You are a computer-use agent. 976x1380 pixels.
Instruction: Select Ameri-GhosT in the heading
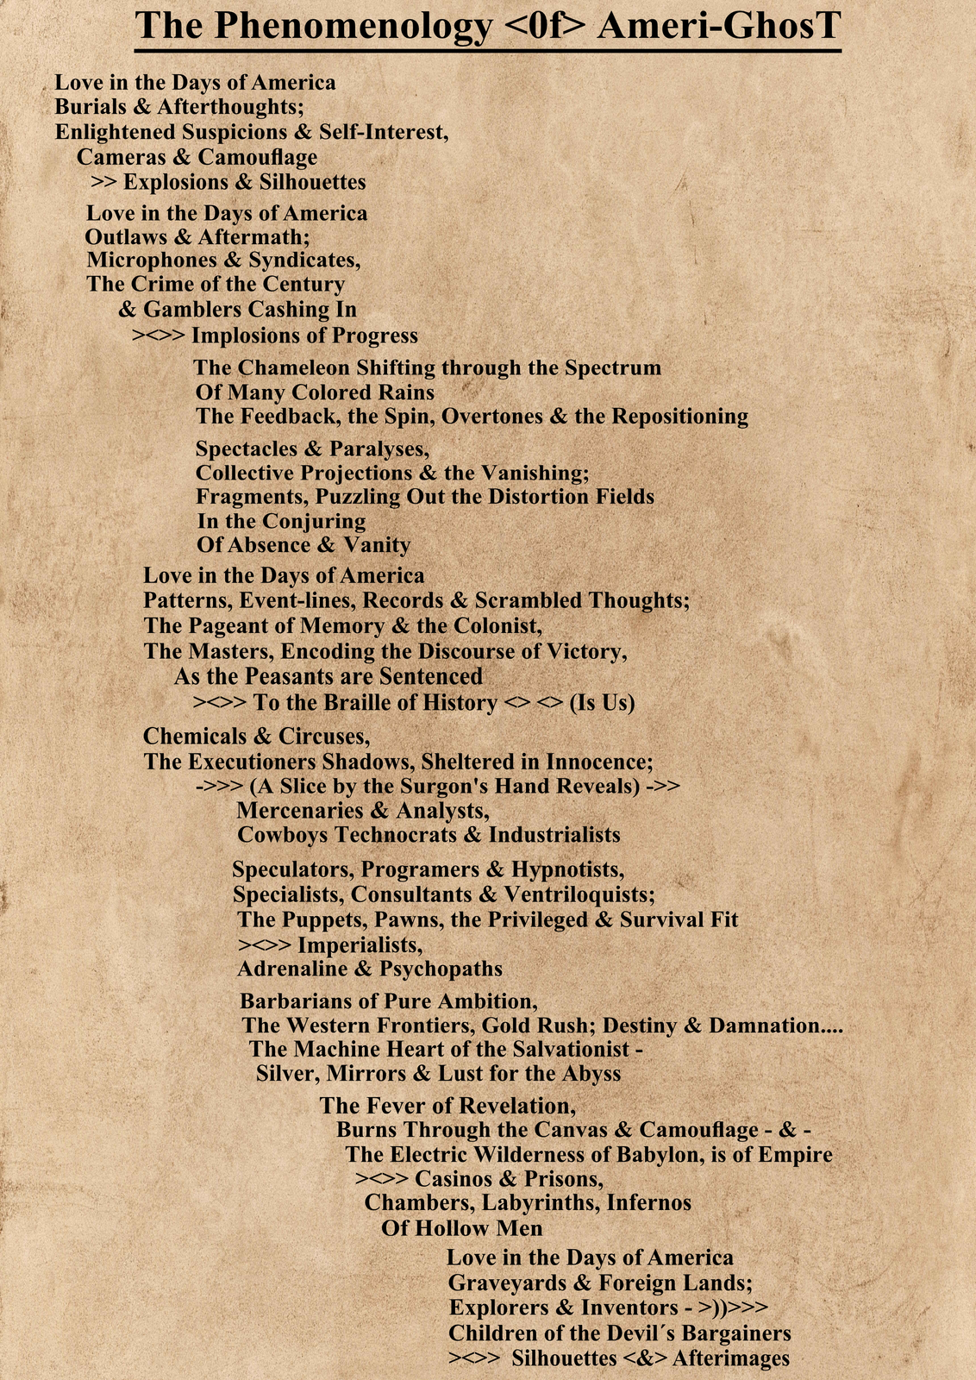(718, 26)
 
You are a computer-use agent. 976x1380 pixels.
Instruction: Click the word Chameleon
(294, 367)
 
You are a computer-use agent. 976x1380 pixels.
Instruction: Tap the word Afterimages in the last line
(730, 1358)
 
